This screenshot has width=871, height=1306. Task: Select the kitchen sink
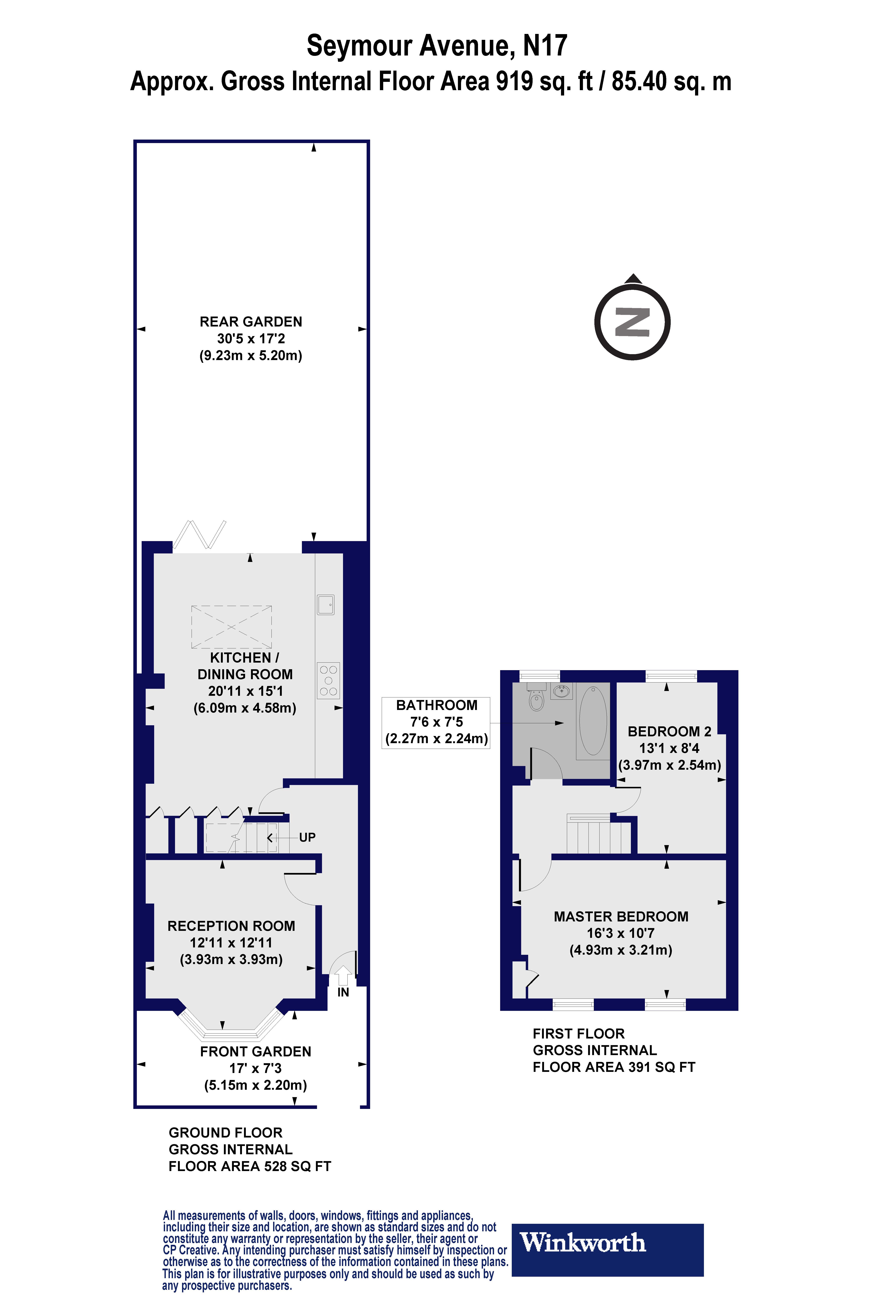325,605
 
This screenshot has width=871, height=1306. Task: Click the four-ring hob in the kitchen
328,680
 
